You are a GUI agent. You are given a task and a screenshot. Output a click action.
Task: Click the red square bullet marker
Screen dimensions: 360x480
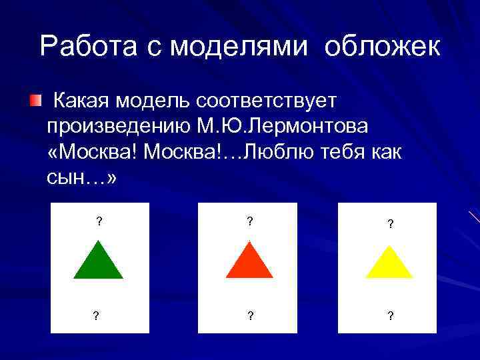pyautogui.click(x=35, y=101)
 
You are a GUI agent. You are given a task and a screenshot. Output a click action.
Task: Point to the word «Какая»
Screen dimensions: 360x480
pyautogui.click(x=82, y=101)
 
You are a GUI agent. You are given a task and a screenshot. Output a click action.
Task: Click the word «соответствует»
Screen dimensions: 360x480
pyautogui.click(x=267, y=101)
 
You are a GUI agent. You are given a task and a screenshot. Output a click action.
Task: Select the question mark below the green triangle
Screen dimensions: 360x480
pyautogui.click(x=97, y=316)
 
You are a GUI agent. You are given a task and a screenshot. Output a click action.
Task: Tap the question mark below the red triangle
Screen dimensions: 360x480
pyautogui.click(x=250, y=316)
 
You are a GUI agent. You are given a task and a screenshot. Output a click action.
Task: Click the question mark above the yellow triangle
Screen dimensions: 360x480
pyautogui.click(x=390, y=225)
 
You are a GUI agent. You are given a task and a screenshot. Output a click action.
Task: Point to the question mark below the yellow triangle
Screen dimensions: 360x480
pyautogui.click(x=390, y=316)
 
